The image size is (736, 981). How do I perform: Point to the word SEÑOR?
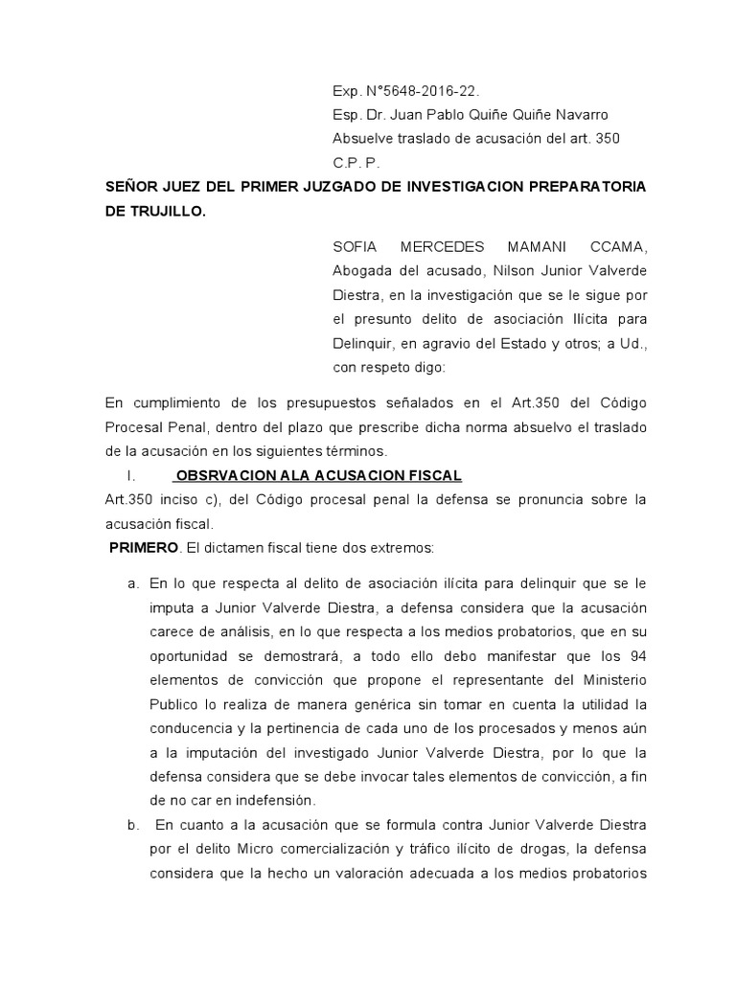tap(130, 185)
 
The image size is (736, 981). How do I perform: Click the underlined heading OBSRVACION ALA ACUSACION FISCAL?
tap(319, 476)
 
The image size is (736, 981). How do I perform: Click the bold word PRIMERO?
tap(143, 548)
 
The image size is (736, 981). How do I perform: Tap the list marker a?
tap(133, 583)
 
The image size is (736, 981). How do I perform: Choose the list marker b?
tap(133, 824)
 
